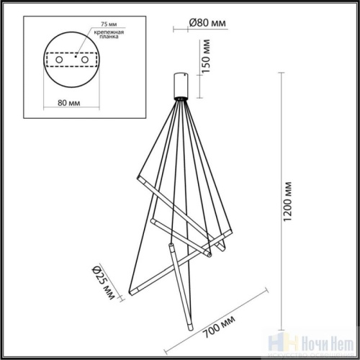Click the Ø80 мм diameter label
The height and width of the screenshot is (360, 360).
click(x=207, y=23)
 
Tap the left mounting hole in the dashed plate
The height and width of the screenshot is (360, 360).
click(x=59, y=62)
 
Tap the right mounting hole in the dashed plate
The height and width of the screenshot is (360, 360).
click(x=86, y=62)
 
